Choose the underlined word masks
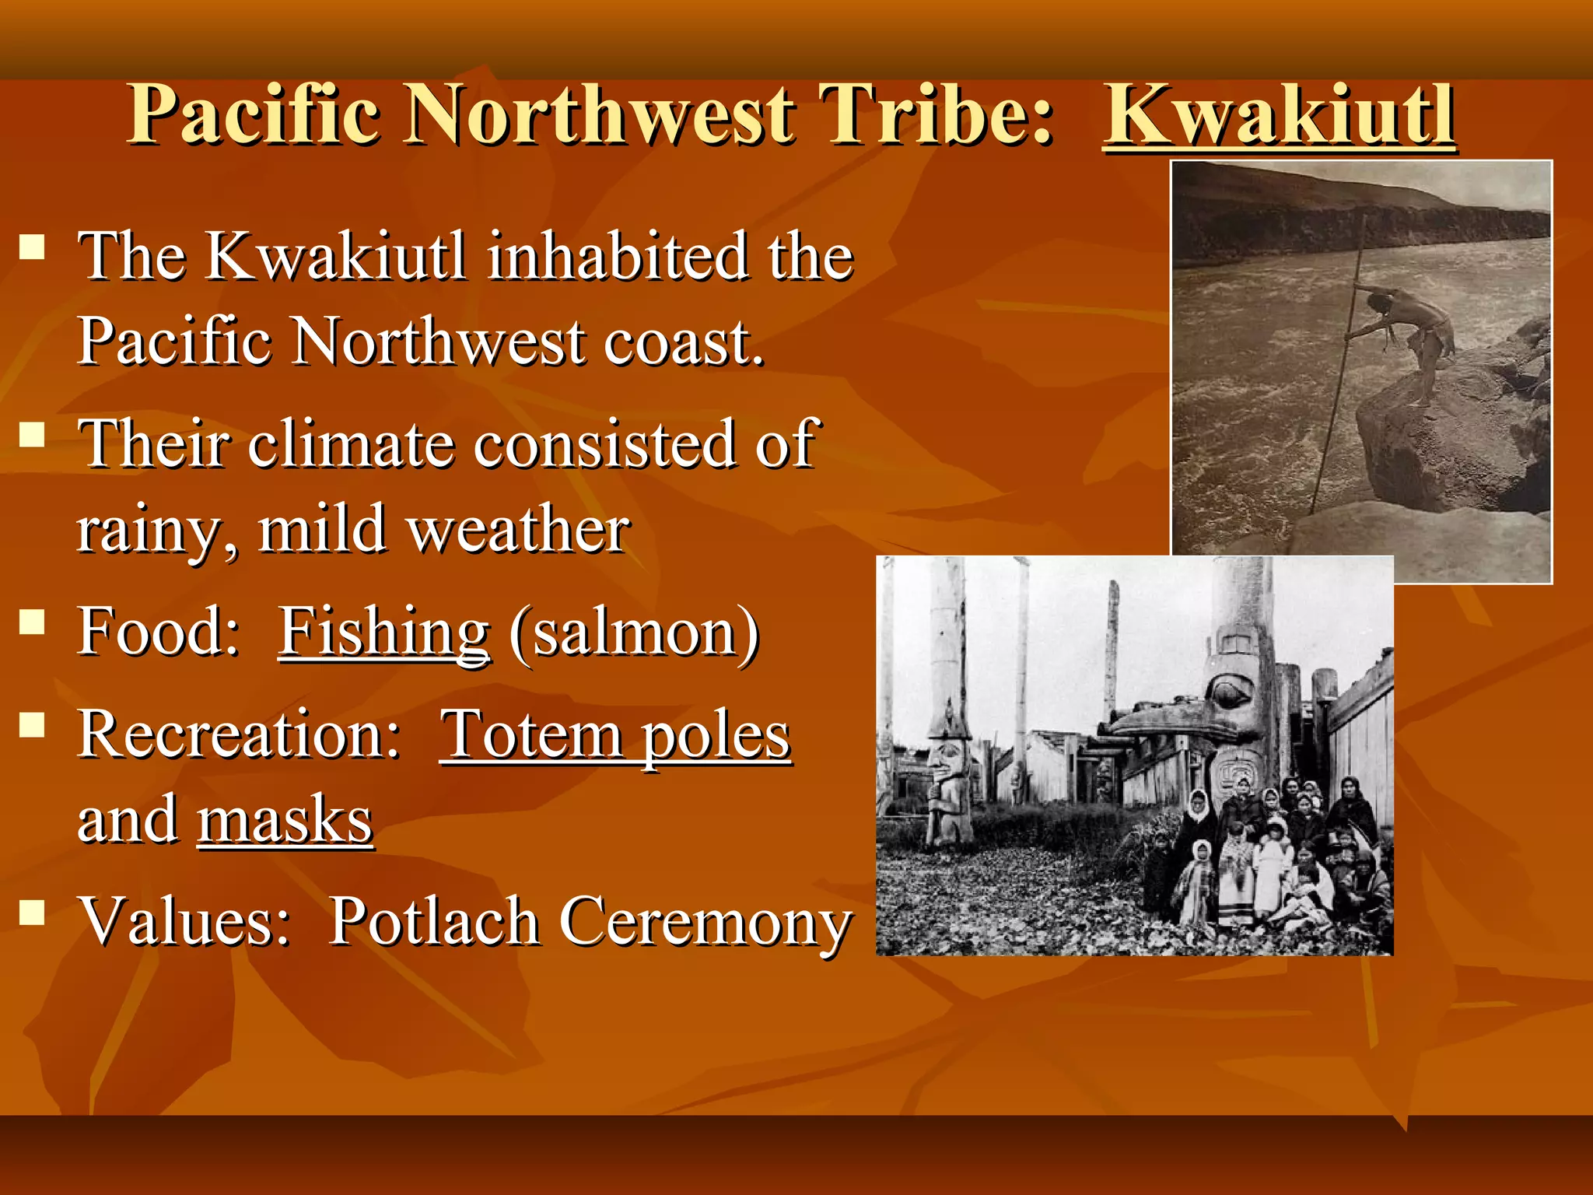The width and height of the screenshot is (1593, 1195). [285, 820]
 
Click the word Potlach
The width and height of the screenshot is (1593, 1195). [434, 921]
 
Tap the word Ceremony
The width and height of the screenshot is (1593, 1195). [705, 923]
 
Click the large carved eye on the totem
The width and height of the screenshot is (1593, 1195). [1227, 692]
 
